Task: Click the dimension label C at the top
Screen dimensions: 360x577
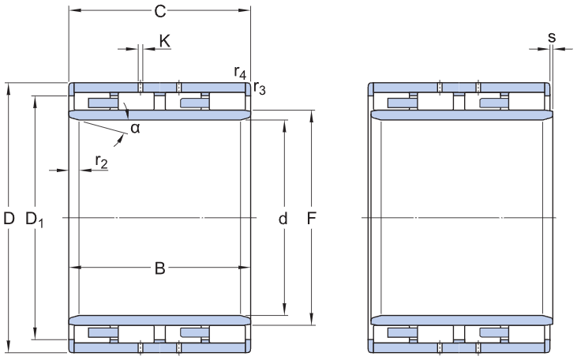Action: tap(159, 11)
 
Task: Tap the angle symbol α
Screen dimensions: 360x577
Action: tap(135, 129)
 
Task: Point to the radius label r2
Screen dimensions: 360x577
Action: tap(100, 162)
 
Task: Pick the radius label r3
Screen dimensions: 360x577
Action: tap(260, 88)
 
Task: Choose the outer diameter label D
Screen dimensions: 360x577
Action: tap(9, 218)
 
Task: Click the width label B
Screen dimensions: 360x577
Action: tap(159, 268)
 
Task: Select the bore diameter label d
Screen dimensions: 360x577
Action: tap(283, 218)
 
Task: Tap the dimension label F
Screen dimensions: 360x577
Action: tap(313, 218)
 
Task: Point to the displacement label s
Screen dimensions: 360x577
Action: tap(551, 37)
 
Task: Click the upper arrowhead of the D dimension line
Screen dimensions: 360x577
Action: tap(9, 87)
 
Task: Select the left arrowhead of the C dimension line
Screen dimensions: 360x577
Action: tap(74, 11)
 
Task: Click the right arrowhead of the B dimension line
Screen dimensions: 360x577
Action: tap(236, 268)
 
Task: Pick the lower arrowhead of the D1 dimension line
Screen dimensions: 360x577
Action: tap(36, 334)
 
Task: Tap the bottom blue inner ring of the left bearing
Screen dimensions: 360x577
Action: tap(159, 320)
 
